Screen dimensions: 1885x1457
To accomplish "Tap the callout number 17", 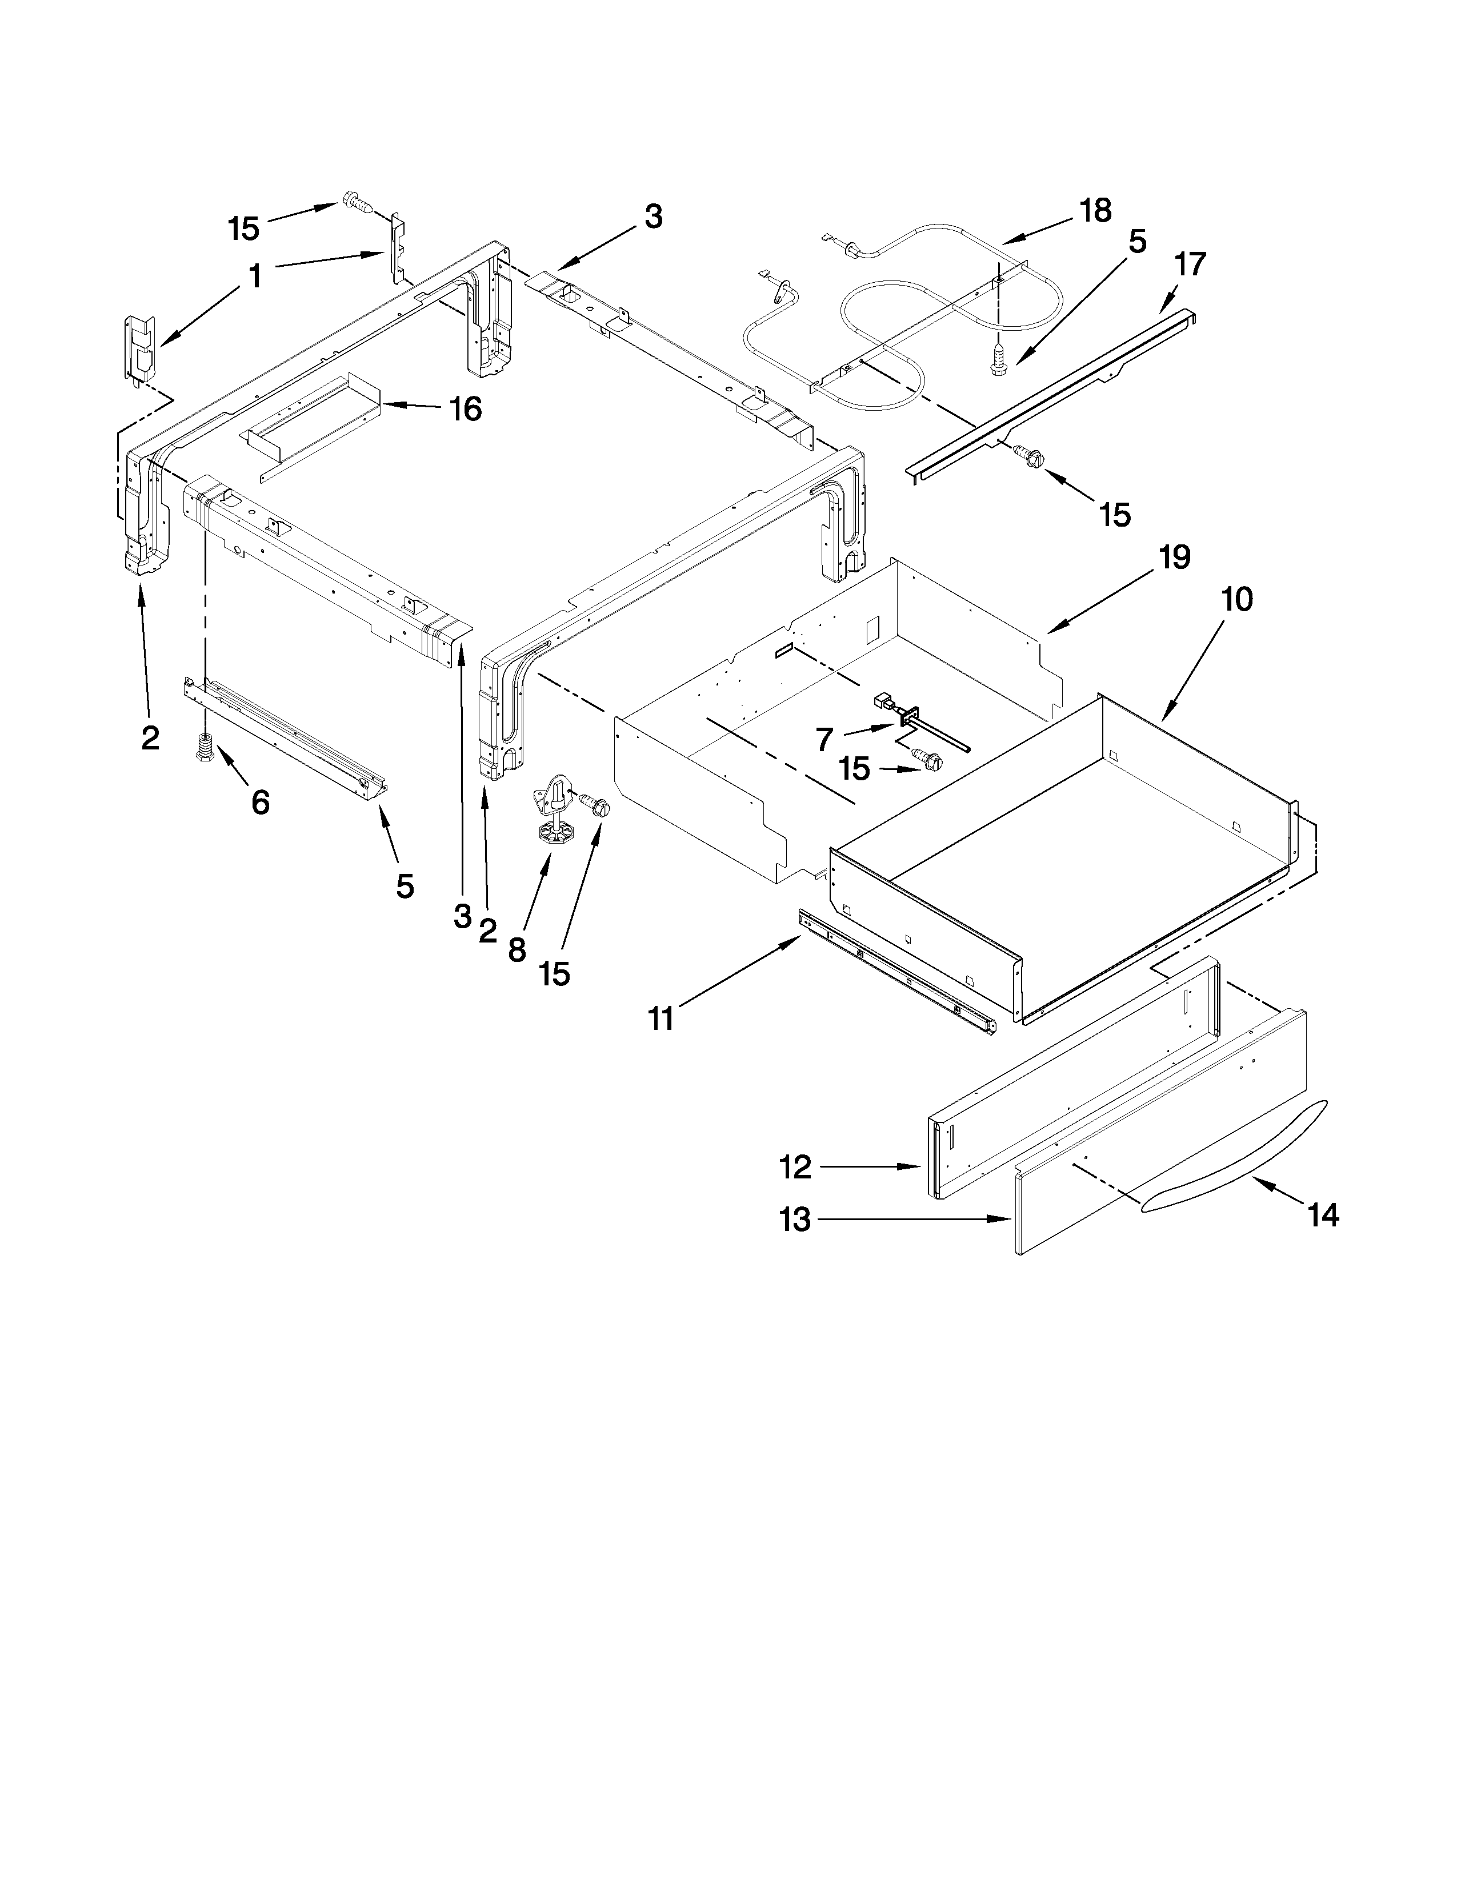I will coord(1190,264).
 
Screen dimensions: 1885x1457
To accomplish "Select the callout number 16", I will coord(465,408).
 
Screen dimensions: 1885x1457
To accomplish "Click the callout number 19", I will coord(1174,558).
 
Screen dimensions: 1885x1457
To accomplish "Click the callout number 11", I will coord(661,1018).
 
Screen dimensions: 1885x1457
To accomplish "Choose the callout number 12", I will coord(795,1168).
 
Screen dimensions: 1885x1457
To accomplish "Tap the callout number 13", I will coord(795,1220).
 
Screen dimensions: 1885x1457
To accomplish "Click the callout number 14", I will coord(1322,1215).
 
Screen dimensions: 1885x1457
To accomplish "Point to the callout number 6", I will coord(260,803).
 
